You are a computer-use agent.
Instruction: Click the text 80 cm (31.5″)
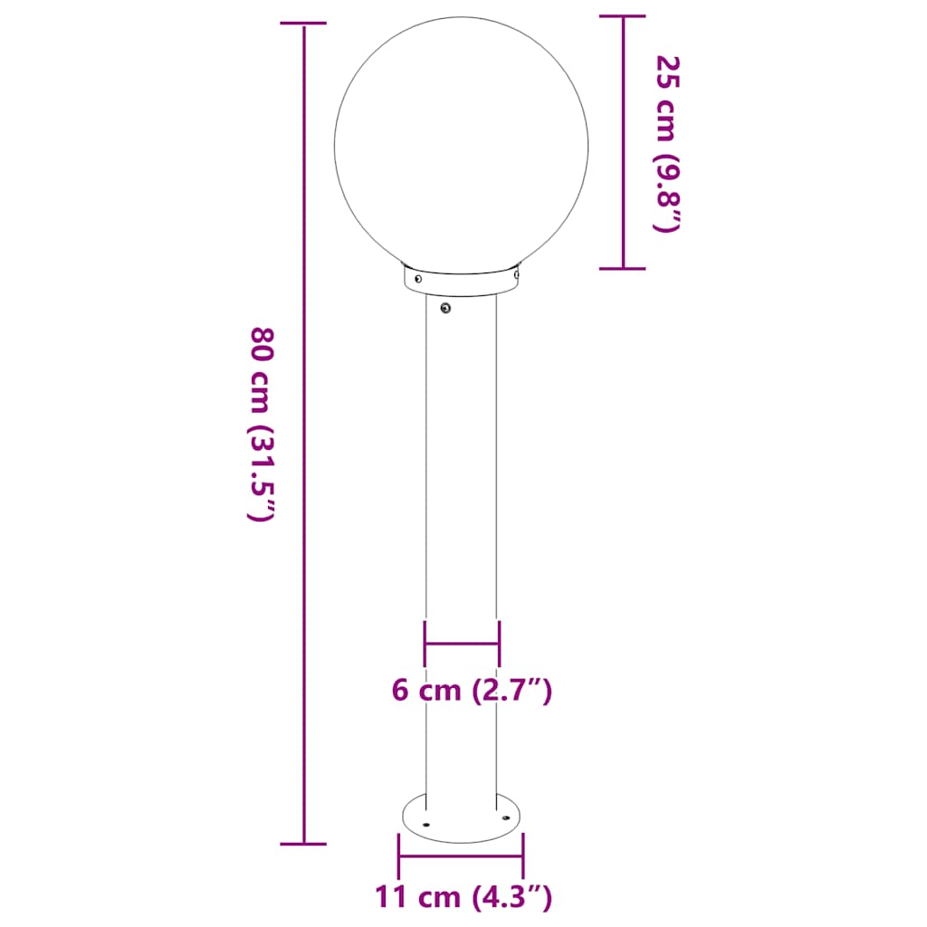coord(261,424)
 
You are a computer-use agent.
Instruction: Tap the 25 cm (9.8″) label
coord(666,143)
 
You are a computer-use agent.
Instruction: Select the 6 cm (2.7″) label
coord(472,691)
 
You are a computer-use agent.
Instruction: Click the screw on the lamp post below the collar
coord(445,310)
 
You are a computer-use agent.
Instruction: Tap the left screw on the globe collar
coord(417,280)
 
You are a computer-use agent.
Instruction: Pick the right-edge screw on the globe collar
coord(516,270)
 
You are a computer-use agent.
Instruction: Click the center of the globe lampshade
coord(461,145)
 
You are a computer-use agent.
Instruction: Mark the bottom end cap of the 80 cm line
coord(303,844)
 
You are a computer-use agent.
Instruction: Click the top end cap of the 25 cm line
coord(623,16)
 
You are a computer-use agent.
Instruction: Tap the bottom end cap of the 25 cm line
coord(623,268)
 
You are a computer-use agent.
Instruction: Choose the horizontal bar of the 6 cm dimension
coord(462,644)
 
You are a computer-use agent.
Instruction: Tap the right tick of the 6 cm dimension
coord(499,643)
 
